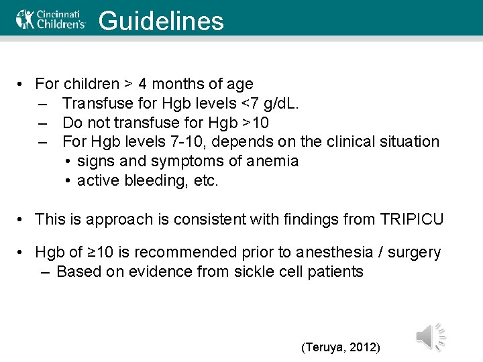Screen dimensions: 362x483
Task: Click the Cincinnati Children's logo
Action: [51, 19]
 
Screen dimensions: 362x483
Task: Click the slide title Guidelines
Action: [161, 21]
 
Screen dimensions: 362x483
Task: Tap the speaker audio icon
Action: [429, 337]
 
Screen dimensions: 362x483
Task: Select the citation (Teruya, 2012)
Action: [341, 347]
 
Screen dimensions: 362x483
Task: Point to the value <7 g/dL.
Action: [264, 104]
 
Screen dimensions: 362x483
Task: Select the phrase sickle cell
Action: [266, 272]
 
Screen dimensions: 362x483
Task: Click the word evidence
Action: [158, 272]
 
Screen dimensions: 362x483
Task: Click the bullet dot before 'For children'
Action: [22, 84]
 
